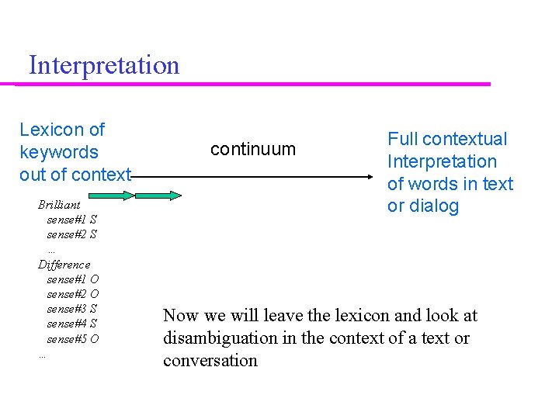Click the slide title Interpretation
click(103, 65)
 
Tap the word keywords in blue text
click(59, 152)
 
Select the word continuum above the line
click(253, 149)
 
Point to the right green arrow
click(159, 196)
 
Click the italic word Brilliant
click(59, 205)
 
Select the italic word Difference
click(64, 265)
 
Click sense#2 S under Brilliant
click(71, 234)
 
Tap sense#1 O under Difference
click(72, 279)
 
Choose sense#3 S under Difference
click(71, 309)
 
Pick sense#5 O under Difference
click(72, 339)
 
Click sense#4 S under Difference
click(71, 324)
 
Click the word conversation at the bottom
click(210, 361)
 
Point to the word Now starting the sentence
click(180, 316)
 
